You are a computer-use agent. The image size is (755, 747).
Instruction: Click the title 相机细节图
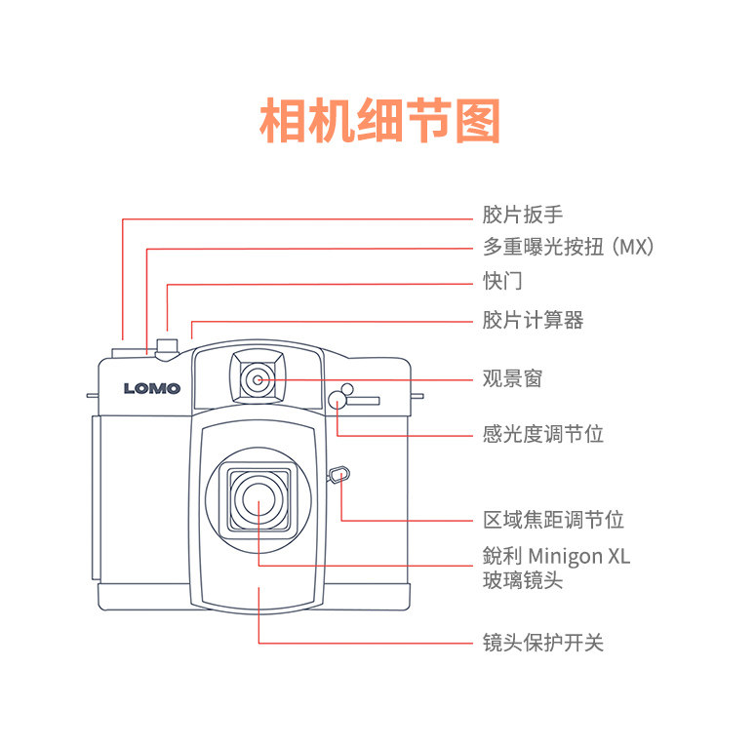[x=379, y=122]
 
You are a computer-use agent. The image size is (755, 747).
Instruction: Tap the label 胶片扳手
[x=522, y=215]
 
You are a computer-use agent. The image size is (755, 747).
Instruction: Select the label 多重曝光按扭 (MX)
[x=568, y=247]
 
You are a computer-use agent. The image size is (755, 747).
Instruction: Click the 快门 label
[x=502, y=281]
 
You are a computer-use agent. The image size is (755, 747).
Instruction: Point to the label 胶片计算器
[x=533, y=319]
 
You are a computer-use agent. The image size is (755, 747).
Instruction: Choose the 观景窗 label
[x=512, y=378]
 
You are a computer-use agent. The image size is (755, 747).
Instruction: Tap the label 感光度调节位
[x=542, y=433]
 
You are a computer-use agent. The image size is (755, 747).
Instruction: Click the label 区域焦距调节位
[x=553, y=520]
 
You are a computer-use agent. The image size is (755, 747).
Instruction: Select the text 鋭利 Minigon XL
[x=556, y=556]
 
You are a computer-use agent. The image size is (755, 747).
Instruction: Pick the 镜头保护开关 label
[x=542, y=643]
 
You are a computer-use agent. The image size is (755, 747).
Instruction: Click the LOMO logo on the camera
[x=152, y=388]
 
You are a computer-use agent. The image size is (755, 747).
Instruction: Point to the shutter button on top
[x=167, y=345]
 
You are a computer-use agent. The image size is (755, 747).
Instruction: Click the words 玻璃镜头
[x=522, y=580]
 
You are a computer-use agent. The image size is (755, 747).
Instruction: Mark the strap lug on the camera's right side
[x=417, y=396]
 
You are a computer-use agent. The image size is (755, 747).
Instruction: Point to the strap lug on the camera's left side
[x=93, y=396]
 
